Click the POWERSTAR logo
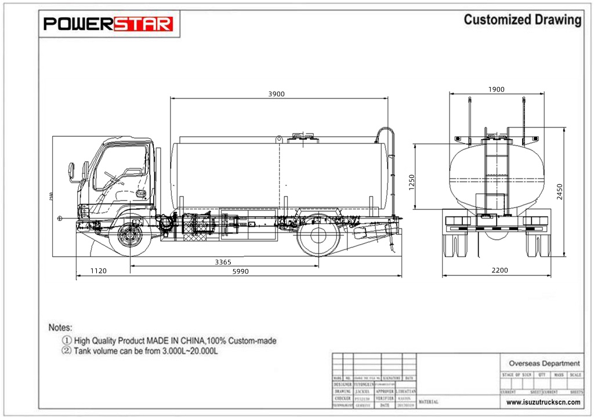[x=109, y=24]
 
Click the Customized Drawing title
[x=522, y=20]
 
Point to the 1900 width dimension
[x=497, y=89]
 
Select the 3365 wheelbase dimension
[x=223, y=262]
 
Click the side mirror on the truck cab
[x=73, y=172]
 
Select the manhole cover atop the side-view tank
[x=303, y=137]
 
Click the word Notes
[x=60, y=328]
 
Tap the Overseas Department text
[x=544, y=364]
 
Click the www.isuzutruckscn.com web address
[x=544, y=402]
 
